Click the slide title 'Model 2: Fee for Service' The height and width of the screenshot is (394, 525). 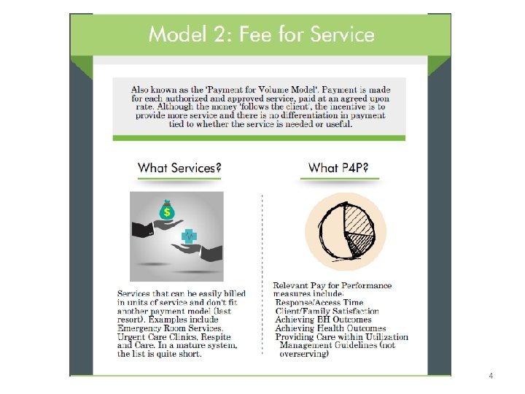[261, 34]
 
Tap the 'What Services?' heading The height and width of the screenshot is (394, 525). [179, 168]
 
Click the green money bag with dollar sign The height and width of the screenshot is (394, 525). [168, 212]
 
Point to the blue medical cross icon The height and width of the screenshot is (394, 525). [190, 236]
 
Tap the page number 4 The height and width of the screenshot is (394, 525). [491, 376]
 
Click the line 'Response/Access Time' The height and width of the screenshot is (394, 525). [319, 302]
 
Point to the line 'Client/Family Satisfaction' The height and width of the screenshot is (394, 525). [327, 311]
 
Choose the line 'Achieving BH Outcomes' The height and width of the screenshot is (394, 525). [323, 320]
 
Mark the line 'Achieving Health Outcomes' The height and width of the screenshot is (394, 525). [330, 328]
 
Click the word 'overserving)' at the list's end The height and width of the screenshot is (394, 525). [305, 355]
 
